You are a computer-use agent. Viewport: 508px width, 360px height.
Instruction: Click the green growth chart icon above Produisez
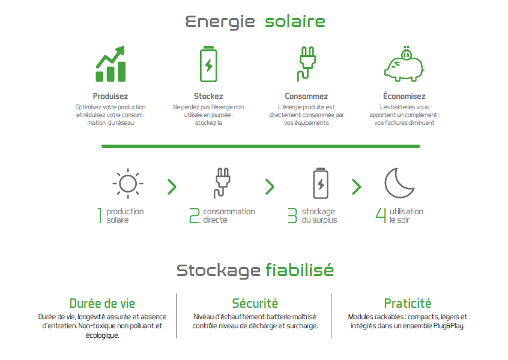pos(110,64)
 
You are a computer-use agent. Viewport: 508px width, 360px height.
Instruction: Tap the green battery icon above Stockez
pos(208,64)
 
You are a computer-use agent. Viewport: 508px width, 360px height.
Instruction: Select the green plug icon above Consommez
pos(306,64)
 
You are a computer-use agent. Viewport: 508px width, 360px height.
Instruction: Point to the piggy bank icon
pos(404,64)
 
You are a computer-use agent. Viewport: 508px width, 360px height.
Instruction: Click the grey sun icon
pos(128,184)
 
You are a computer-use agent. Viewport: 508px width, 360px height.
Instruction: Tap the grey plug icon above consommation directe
pos(222,183)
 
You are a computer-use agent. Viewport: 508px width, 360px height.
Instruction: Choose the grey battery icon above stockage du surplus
pos(321,183)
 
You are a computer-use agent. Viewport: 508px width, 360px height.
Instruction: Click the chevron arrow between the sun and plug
pos(172,187)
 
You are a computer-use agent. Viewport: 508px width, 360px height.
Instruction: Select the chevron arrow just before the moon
pos(356,187)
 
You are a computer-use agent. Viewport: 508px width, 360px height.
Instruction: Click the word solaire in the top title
pos(295,22)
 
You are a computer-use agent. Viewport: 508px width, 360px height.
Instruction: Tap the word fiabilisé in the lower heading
pos(300,270)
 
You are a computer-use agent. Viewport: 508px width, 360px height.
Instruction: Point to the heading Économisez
pos(404,96)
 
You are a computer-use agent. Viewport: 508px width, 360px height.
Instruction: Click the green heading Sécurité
pos(255,304)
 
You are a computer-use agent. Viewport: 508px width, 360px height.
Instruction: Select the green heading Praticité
pos(408,304)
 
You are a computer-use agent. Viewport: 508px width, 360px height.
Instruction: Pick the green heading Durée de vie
pos(102,304)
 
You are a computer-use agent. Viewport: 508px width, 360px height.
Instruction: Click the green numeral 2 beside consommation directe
pos(195,215)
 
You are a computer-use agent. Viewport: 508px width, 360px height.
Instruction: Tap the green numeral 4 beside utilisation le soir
pos(381,215)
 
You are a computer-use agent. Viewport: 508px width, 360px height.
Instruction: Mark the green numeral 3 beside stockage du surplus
pos(292,215)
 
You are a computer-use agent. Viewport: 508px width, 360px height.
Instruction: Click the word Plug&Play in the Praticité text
pos(449,326)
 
